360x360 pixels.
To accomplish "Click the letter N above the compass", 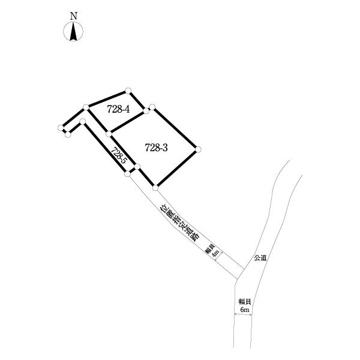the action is coord(73,16).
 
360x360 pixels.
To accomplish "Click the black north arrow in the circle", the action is coord(73,32).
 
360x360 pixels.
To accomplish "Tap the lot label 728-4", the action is coord(118,109).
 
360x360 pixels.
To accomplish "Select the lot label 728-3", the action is coord(157,148).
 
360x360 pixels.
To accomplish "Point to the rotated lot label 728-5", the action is coord(119,155).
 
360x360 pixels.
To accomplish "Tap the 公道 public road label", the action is coord(260,258).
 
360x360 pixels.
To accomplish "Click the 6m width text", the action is coord(245,310).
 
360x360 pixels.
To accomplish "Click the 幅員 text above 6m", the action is coord(245,301).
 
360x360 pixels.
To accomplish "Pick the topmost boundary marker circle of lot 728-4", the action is coord(128,91).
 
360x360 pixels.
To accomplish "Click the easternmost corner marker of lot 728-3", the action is coord(199,149).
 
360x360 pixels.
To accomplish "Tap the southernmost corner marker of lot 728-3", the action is coord(155,188).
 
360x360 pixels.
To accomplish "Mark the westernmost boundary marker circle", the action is coord(61,128).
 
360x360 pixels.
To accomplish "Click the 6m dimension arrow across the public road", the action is coord(243,314).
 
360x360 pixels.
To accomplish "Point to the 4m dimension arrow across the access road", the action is coord(218,256).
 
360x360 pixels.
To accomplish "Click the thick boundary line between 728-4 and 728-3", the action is coord(127,122).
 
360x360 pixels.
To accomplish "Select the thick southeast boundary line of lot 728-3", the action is coord(177,169).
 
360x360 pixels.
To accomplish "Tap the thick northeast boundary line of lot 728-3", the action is coord(175,128).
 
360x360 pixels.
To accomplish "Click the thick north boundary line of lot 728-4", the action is coord(107,99).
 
